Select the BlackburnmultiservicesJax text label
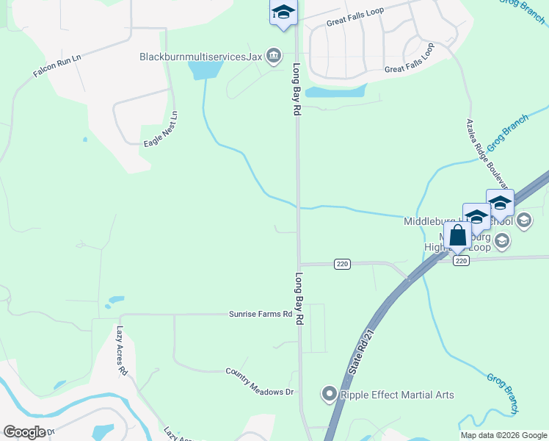click(x=200, y=56)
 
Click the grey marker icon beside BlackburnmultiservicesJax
click(x=274, y=56)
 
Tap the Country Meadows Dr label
click(x=259, y=381)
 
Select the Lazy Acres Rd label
click(x=122, y=351)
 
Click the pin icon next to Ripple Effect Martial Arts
click(x=329, y=395)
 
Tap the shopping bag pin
click(x=457, y=236)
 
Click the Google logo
click(x=24, y=432)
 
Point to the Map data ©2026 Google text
click(x=503, y=435)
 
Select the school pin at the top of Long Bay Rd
click(x=283, y=13)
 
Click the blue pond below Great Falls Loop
click(x=335, y=92)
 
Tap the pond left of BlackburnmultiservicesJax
click(x=205, y=70)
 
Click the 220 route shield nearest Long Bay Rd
click(x=341, y=264)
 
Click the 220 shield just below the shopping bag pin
click(x=460, y=261)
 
